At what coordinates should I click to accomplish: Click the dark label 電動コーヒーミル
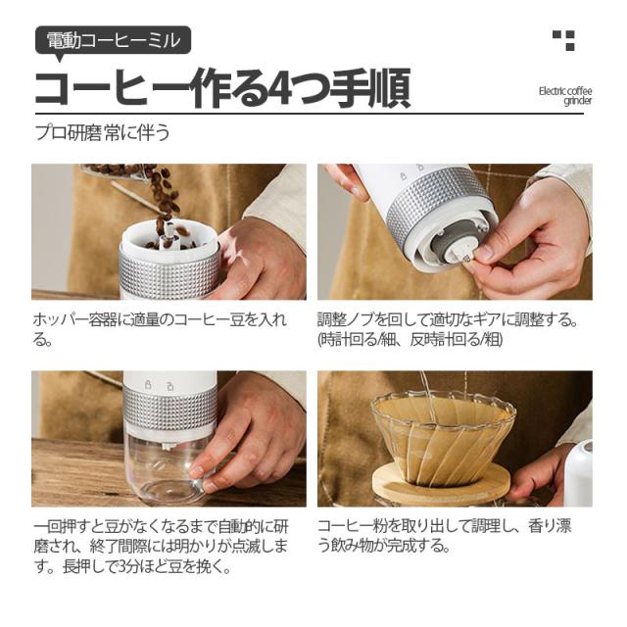click(114, 40)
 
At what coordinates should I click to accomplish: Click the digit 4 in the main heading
click(280, 88)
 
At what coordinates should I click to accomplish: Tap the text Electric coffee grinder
click(565, 96)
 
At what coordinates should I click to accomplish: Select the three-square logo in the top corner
click(564, 40)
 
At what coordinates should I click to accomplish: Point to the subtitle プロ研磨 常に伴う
click(103, 132)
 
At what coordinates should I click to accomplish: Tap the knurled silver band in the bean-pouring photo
click(169, 272)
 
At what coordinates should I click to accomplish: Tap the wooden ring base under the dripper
click(442, 482)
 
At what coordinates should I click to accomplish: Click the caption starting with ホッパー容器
click(160, 329)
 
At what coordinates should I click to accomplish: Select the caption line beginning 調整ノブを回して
click(448, 320)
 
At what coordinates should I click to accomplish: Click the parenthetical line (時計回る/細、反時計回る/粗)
click(410, 340)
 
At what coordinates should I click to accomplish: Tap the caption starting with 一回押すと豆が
click(161, 546)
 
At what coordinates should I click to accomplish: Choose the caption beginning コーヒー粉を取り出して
click(445, 535)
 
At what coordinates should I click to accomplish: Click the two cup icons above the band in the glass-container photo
click(159, 385)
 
